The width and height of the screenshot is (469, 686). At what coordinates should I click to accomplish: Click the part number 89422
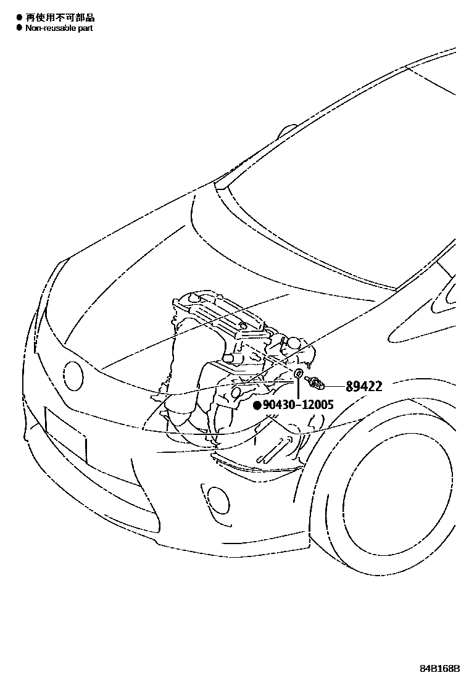(x=363, y=387)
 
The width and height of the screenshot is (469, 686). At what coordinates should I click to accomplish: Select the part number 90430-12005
(x=297, y=405)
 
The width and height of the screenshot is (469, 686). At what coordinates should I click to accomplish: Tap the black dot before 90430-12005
(x=257, y=405)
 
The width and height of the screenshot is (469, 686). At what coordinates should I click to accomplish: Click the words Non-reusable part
(x=59, y=28)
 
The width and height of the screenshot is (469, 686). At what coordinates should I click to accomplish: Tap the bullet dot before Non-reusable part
(x=19, y=28)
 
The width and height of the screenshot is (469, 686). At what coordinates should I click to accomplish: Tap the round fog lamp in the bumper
(x=216, y=497)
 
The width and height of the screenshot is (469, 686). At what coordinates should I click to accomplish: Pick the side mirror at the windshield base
(x=287, y=132)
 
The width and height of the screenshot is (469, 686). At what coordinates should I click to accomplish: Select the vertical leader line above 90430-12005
(x=298, y=389)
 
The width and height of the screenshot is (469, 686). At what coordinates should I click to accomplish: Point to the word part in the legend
(x=85, y=28)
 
